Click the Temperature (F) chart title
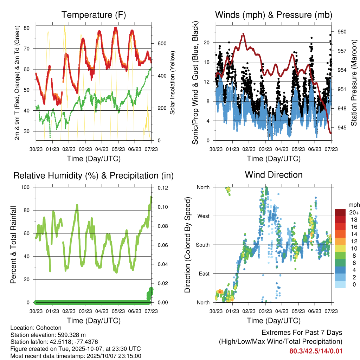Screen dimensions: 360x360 pos(94,15)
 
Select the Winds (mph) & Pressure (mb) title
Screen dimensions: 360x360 pos(274,15)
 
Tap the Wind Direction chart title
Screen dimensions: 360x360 pos(274,175)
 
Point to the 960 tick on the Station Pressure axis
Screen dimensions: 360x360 pos(342,32)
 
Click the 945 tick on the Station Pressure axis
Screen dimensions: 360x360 pos(342,127)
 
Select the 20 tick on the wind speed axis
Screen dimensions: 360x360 pos(207,43)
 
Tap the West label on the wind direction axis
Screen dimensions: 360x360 pos(203,216)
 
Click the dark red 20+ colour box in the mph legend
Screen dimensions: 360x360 pos(341,212)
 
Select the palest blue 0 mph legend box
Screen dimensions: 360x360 pos(341,284)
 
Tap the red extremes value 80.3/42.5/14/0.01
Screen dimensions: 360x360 pos(316,351)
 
